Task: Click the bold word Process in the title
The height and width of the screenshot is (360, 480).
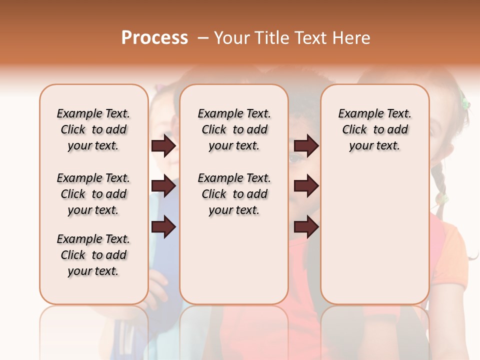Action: (x=154, y=38)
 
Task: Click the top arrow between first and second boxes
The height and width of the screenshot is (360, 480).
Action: (x=163, y=146)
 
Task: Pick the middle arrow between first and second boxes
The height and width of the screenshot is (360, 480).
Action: (x=163, y=186)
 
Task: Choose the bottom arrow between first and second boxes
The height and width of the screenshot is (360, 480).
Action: (x=163, y=227)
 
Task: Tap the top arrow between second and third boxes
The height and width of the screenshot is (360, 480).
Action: (x=306, y=146)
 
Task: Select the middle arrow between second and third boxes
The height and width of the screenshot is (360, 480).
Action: (x=306, y=186)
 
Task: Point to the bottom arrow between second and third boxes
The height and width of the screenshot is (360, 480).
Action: (x=306, y=227)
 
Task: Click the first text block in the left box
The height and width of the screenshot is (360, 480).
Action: (x=93, y=129)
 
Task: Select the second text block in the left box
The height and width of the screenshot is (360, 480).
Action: (x=93, y=194)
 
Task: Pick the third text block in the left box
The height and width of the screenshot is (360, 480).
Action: (x=93, y=255)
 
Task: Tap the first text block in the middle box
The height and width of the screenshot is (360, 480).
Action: (x=234, y=129)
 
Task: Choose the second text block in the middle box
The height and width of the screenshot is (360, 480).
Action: (x=234, y=194)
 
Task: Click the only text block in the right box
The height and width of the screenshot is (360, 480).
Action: (x=375, y=129)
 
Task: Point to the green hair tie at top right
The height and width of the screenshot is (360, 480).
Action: (x=465, y=103)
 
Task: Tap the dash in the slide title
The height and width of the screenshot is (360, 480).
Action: (x=202, y=38)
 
